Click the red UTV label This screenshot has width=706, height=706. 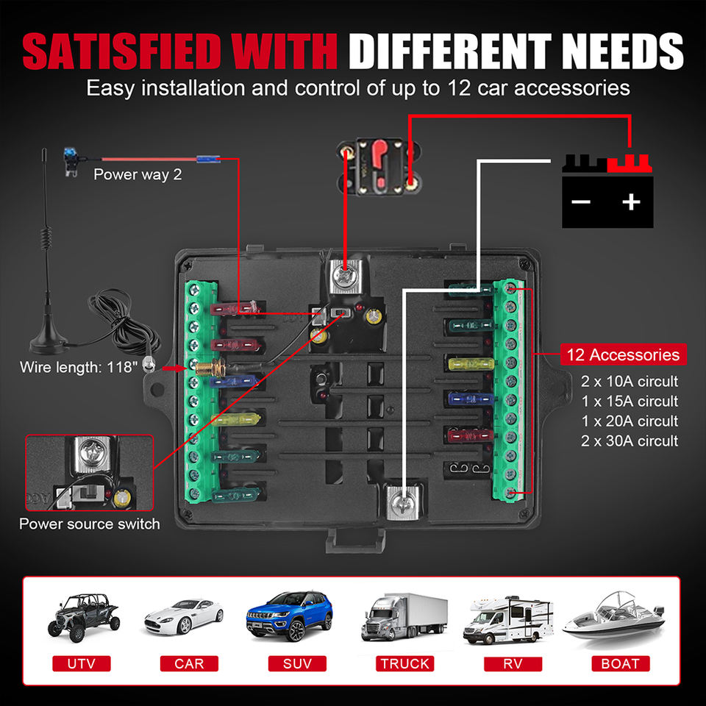81,663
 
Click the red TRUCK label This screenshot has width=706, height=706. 404,663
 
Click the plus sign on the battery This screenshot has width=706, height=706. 630,201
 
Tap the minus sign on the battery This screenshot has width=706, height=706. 581,201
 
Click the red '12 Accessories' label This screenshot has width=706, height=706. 622,354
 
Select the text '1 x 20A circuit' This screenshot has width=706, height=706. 629,421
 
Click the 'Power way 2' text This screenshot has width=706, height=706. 138,175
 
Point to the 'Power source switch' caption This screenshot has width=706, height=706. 89,524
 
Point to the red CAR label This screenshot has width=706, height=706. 189,663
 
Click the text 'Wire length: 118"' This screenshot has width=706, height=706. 79,366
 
